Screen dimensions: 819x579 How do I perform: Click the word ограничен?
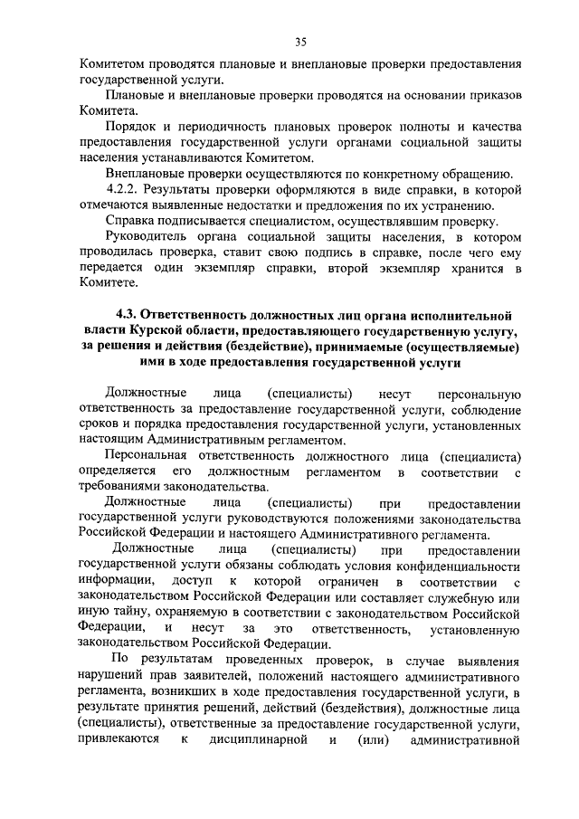(341, 581)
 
